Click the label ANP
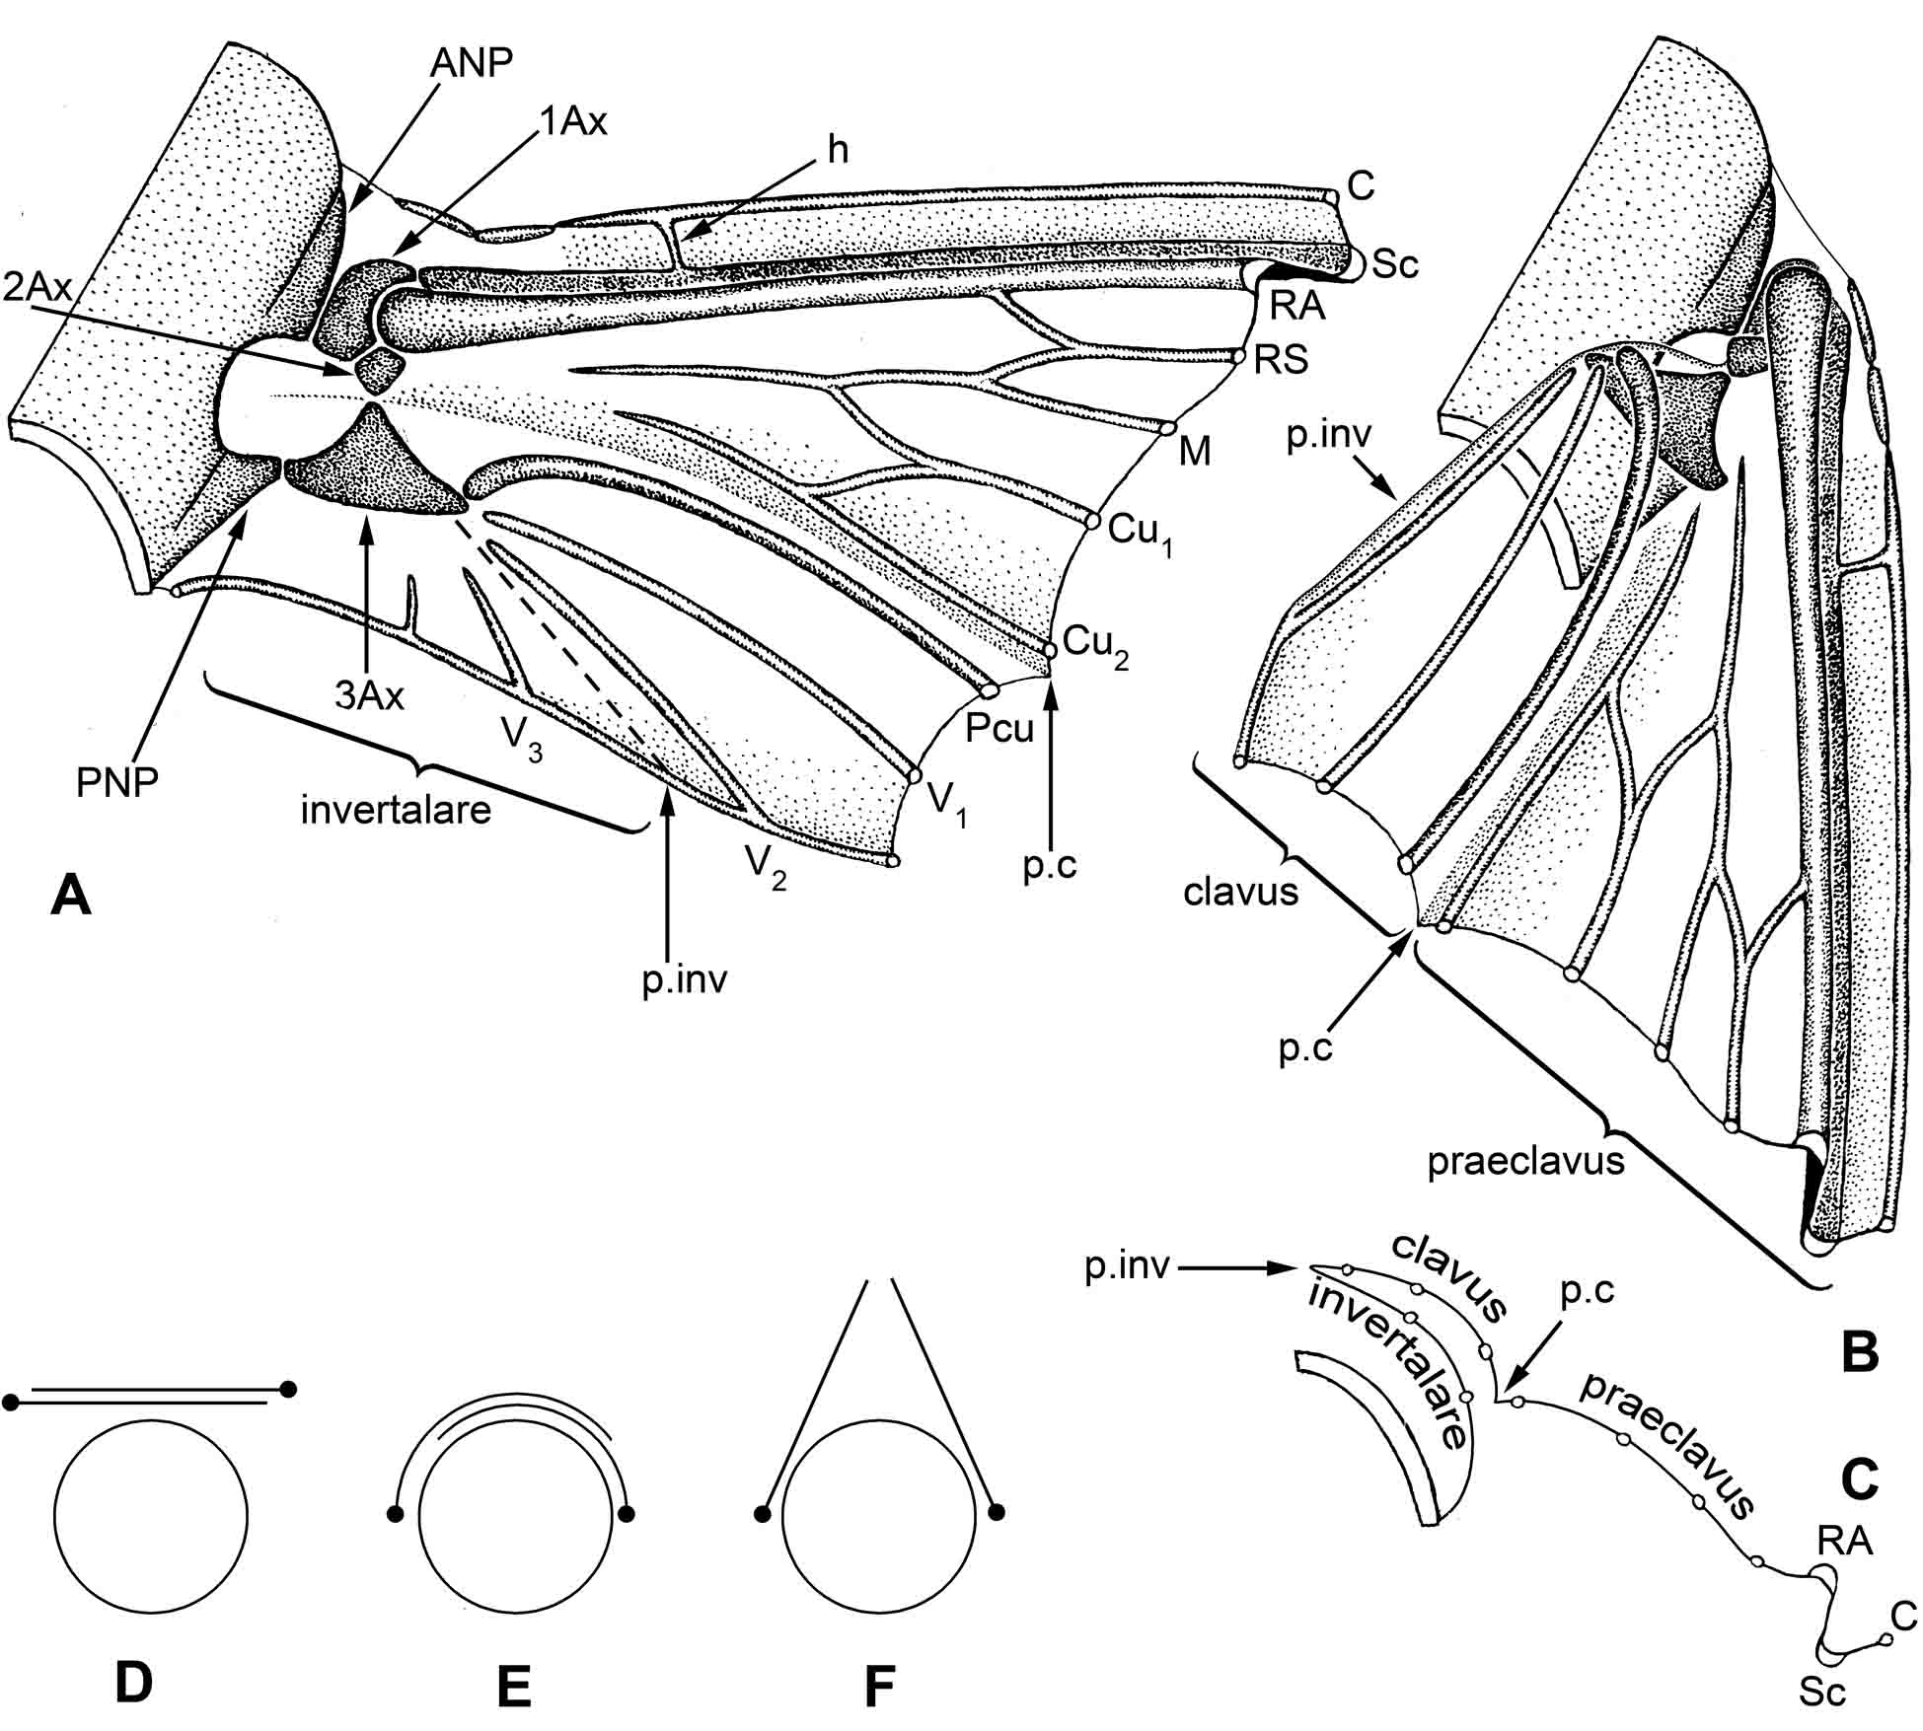point(472,63)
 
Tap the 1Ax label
point(573,121)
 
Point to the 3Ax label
point(369,695)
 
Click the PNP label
point(116,782)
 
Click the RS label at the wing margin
point(1281,361)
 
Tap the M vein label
point(1195,452)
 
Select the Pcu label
point(999,728)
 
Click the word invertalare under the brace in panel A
point(396,810)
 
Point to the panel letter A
point(70,898)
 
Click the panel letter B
point(1860,1353)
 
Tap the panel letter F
point(878,1686)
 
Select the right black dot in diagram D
point(288,1389)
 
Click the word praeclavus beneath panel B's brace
point(1525,1161)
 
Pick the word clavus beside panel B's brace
point(1240,892)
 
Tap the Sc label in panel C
point(1821,1693)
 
